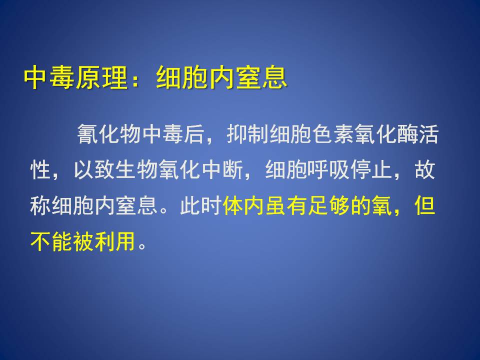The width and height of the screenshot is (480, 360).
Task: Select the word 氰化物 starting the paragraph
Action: (109, 134)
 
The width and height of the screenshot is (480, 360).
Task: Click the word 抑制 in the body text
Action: (248, 134)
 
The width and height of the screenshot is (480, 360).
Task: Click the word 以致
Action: (94, 169)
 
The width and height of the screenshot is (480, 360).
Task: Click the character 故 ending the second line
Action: (425, 169)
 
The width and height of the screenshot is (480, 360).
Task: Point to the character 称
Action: (40, 205)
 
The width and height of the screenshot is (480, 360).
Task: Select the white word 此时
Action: (200, 205)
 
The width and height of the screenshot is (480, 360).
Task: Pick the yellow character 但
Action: (425, 205)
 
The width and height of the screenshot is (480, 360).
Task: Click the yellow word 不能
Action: (51, 240)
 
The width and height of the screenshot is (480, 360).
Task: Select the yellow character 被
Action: (83, 240)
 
